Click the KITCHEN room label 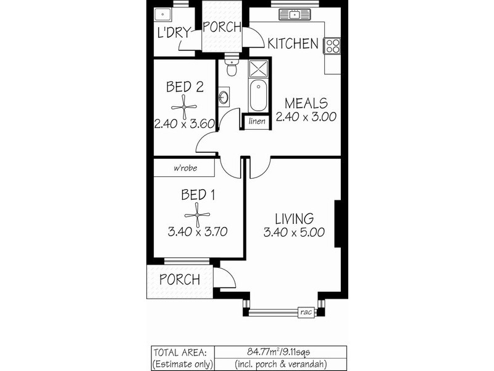coord(293,43)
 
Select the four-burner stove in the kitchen coord(332,45)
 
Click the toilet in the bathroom coord(232,69)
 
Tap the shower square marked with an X coord(259,68)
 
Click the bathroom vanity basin coord(224,96)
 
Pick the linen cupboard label coord(257,121)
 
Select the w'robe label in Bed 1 coord(185,168)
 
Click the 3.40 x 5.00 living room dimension coord(294,233)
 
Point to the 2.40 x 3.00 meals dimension coord(306,117)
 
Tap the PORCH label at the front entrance coord(179,279)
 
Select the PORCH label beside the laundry coord(222,27)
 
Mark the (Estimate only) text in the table coord(183,364)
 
